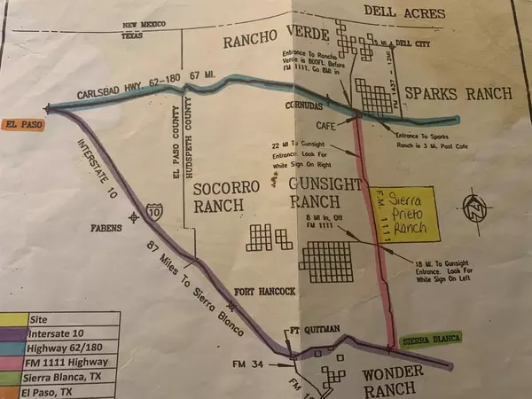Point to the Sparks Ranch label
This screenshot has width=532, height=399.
point(458,93)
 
